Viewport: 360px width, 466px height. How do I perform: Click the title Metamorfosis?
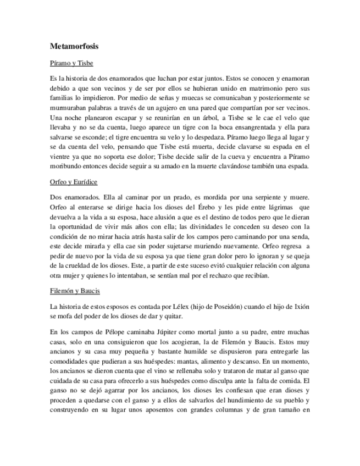point(74,47)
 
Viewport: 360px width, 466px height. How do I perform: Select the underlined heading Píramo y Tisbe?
point(71,64)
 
